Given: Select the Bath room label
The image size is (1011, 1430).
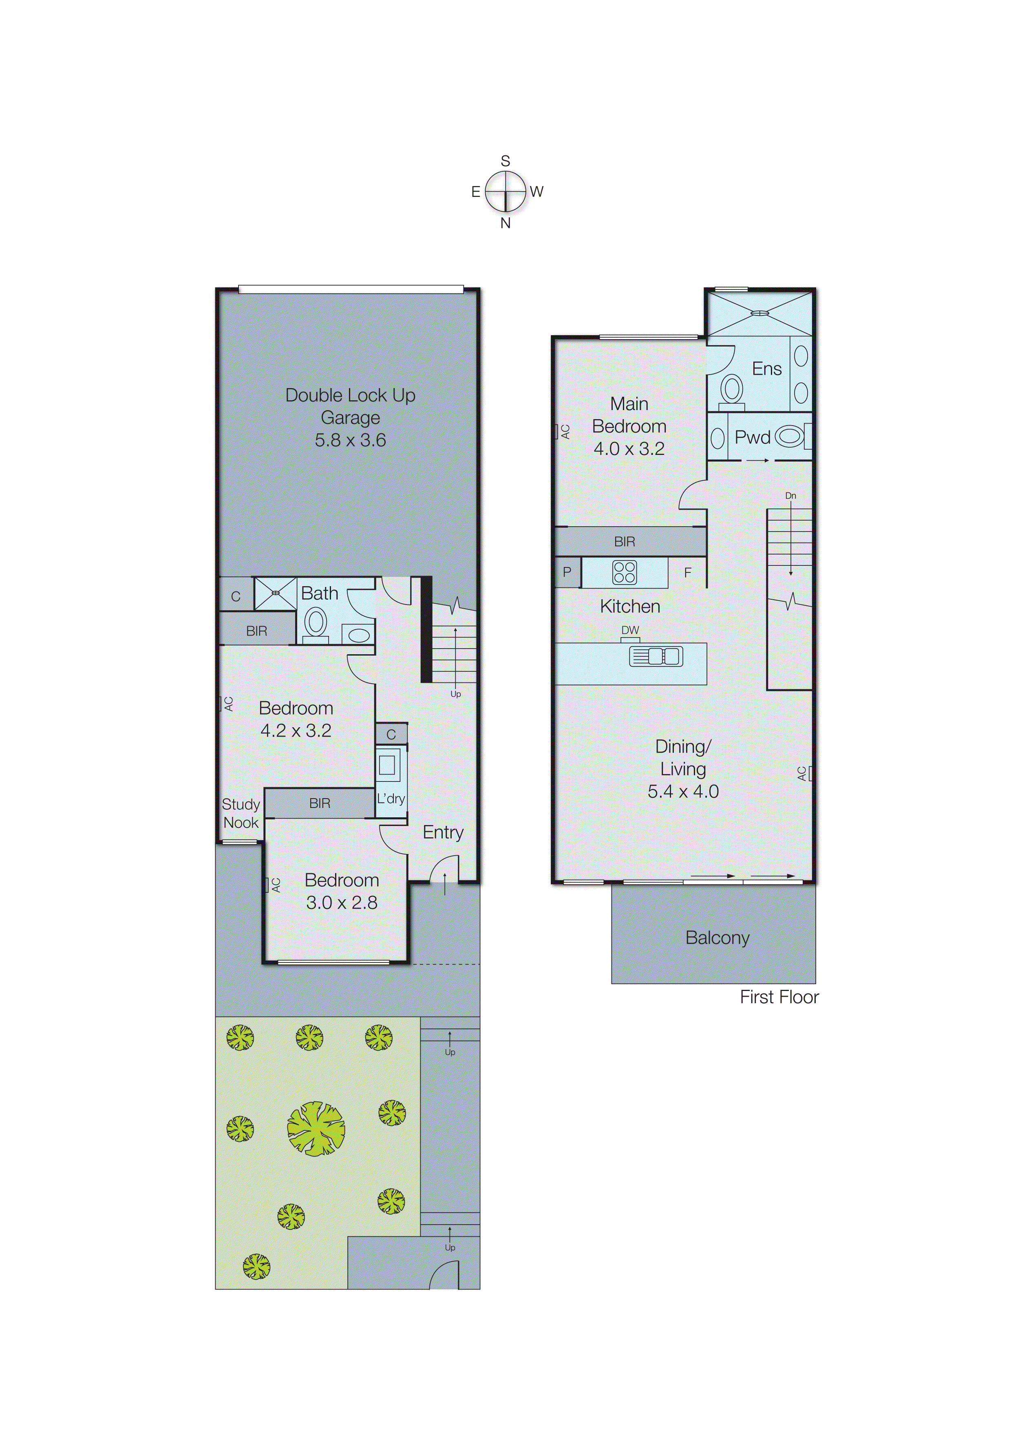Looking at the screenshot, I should tap(320, 594).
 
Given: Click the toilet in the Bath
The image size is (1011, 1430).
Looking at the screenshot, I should tap(315, 622).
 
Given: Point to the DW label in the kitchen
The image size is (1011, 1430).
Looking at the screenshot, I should tap(630, 630).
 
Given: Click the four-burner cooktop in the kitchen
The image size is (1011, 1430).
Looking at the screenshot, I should tap(624, 572).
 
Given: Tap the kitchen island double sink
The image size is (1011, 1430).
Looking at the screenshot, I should tap(656, 656).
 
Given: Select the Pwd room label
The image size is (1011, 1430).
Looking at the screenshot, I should tap(753, 437).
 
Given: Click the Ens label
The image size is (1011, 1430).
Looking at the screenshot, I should tap(766, 369).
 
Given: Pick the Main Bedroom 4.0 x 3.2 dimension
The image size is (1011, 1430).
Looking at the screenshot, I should tap(629, 448).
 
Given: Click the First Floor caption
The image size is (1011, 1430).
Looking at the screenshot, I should tap(779, 997).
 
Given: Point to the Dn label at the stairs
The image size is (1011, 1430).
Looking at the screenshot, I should tap(790, 496).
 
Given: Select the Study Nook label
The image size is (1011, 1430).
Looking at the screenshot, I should tap(241, 813).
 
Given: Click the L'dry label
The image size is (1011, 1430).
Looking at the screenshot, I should tap(391, 799).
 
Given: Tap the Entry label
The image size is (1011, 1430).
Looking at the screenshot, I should tap(443, 832).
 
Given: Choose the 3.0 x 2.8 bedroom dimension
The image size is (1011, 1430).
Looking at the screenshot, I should tap(341, 903).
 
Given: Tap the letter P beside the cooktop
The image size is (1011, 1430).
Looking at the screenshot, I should tap(567, 572).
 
